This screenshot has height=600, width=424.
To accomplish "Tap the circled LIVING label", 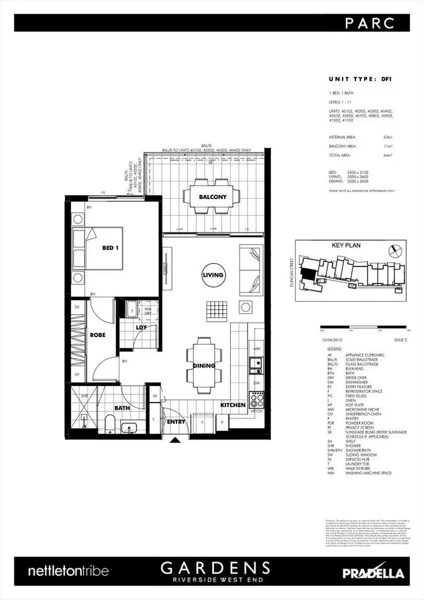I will tap(213, 275).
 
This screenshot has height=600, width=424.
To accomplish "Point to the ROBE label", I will tap(98, 335).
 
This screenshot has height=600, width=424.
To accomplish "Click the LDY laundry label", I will tap(141, 328).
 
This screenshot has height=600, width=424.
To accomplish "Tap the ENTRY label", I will tap(176, 421).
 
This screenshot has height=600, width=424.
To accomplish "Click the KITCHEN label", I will tap(233, 405).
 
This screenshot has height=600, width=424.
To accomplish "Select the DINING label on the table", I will tap(204, 365).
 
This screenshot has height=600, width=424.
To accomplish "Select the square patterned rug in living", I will tap(215, 309).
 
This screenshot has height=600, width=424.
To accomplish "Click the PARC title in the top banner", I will tap(378, 23).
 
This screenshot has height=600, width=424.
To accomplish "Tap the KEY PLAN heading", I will tap(345, 245).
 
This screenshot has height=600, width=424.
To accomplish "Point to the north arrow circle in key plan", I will tap(395, 249).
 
